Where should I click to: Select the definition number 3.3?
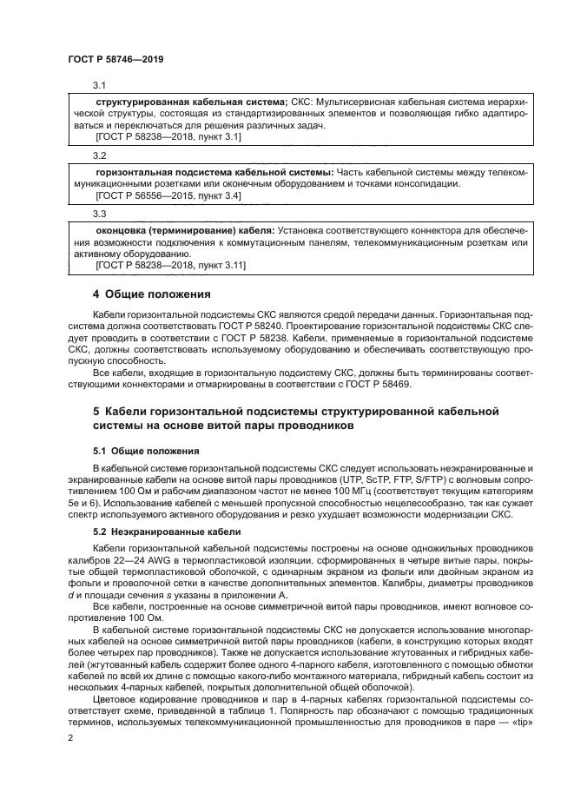99,213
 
